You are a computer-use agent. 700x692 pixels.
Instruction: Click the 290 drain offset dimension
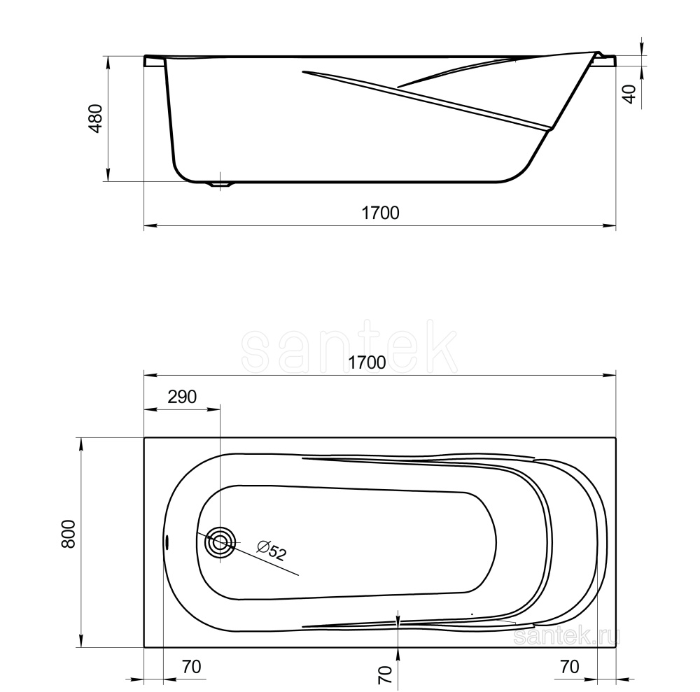click(182, 397)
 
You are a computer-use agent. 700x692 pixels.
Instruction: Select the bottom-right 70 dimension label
click(570, 667)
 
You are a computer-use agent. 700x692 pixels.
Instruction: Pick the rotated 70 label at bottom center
click(384, 675)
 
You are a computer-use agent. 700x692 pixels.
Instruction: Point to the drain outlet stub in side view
click(220, 185)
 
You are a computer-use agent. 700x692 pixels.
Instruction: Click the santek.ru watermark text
click(567, 635)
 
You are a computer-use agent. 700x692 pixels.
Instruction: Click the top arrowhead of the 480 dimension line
click(108, 62)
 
